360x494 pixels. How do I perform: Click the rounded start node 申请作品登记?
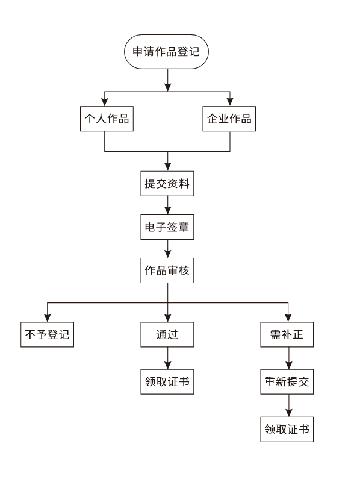click(167, 52)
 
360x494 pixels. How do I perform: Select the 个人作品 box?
click(105, 119)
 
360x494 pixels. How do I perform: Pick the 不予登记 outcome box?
click(46, 334)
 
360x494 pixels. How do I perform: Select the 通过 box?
click(167, 334)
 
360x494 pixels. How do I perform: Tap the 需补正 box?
click(288, 334)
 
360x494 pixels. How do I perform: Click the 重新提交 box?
click(288, 381)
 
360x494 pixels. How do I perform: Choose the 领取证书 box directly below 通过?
click(167, 381)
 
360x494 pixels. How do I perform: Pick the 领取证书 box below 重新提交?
click(288, 428)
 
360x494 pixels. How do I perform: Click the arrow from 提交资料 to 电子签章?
click(167, 206)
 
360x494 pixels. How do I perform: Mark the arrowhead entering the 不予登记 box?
click(46, 318)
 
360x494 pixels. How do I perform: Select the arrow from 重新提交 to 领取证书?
click(288, 405)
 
